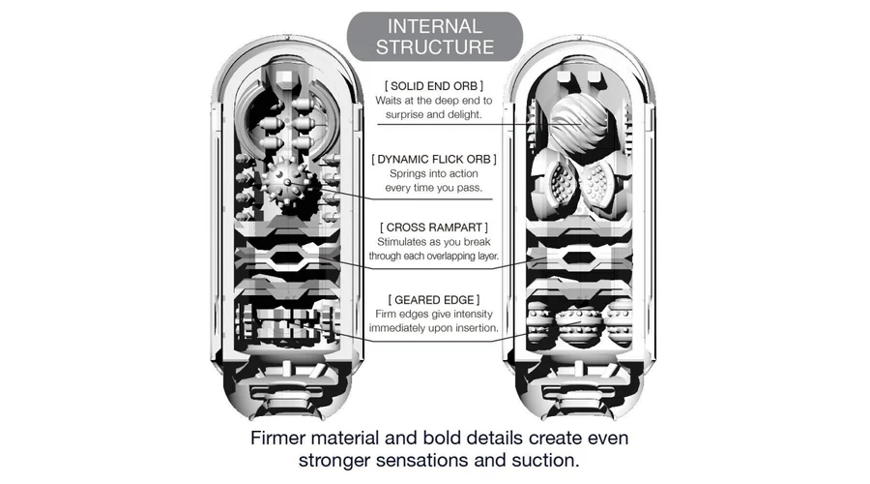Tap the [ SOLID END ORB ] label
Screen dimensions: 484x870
434,86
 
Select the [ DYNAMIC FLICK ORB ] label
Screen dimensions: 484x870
434,158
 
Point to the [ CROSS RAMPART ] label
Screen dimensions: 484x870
434,227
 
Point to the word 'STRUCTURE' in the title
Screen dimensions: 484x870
434,45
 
